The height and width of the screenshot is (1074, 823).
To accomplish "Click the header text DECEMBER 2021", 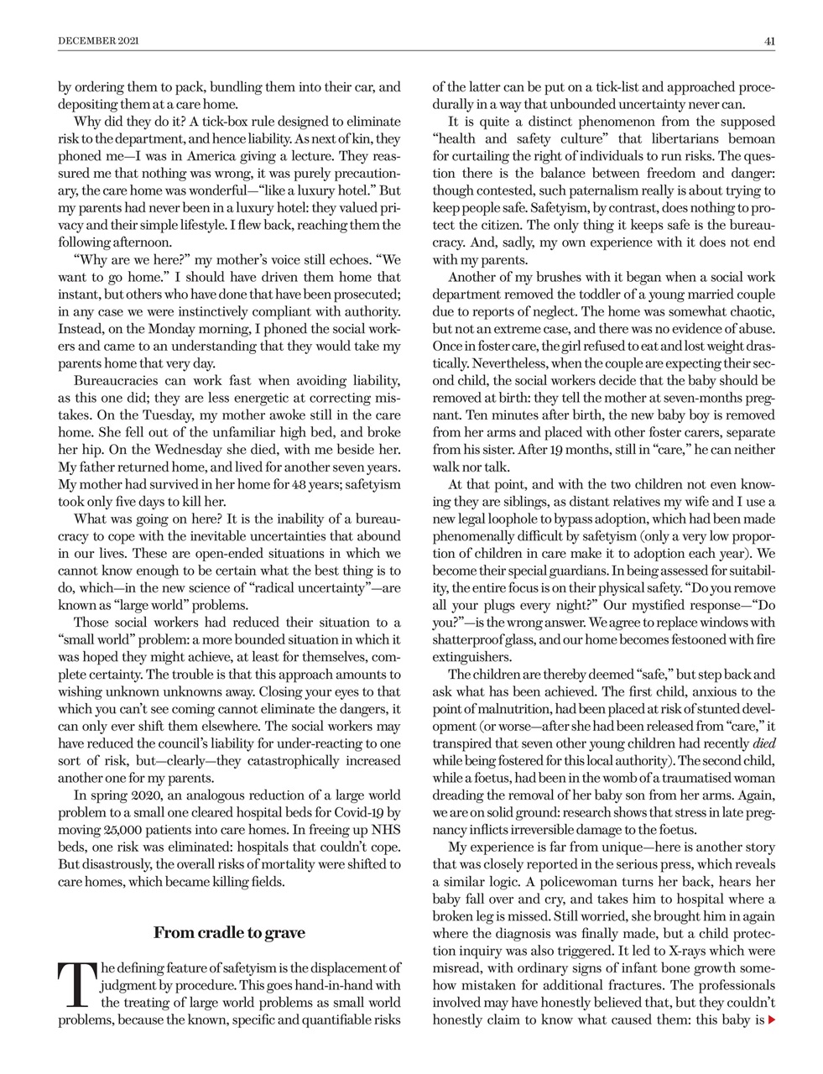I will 98,39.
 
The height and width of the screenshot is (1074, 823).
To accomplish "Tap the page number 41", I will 768,39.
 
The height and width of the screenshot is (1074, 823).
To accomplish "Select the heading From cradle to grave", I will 229,932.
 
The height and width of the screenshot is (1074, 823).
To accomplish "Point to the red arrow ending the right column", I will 772,1020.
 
